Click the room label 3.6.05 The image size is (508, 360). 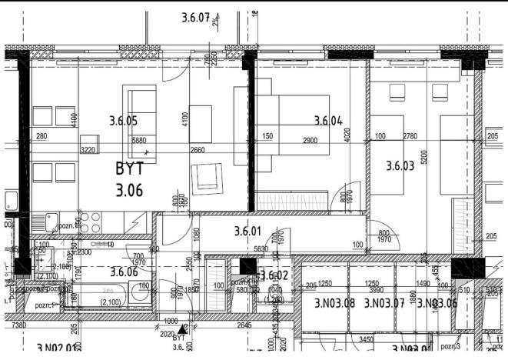point(123,120)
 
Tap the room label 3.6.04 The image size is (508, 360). point(328,120)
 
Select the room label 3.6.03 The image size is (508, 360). point(400,165)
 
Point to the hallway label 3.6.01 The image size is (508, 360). point(247,230)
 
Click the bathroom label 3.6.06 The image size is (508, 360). point(123,271)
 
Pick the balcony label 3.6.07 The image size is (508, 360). point(196,18)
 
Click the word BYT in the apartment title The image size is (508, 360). point(130,168)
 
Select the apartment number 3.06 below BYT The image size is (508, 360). point(130,191)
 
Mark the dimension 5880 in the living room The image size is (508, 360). point(139,141)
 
